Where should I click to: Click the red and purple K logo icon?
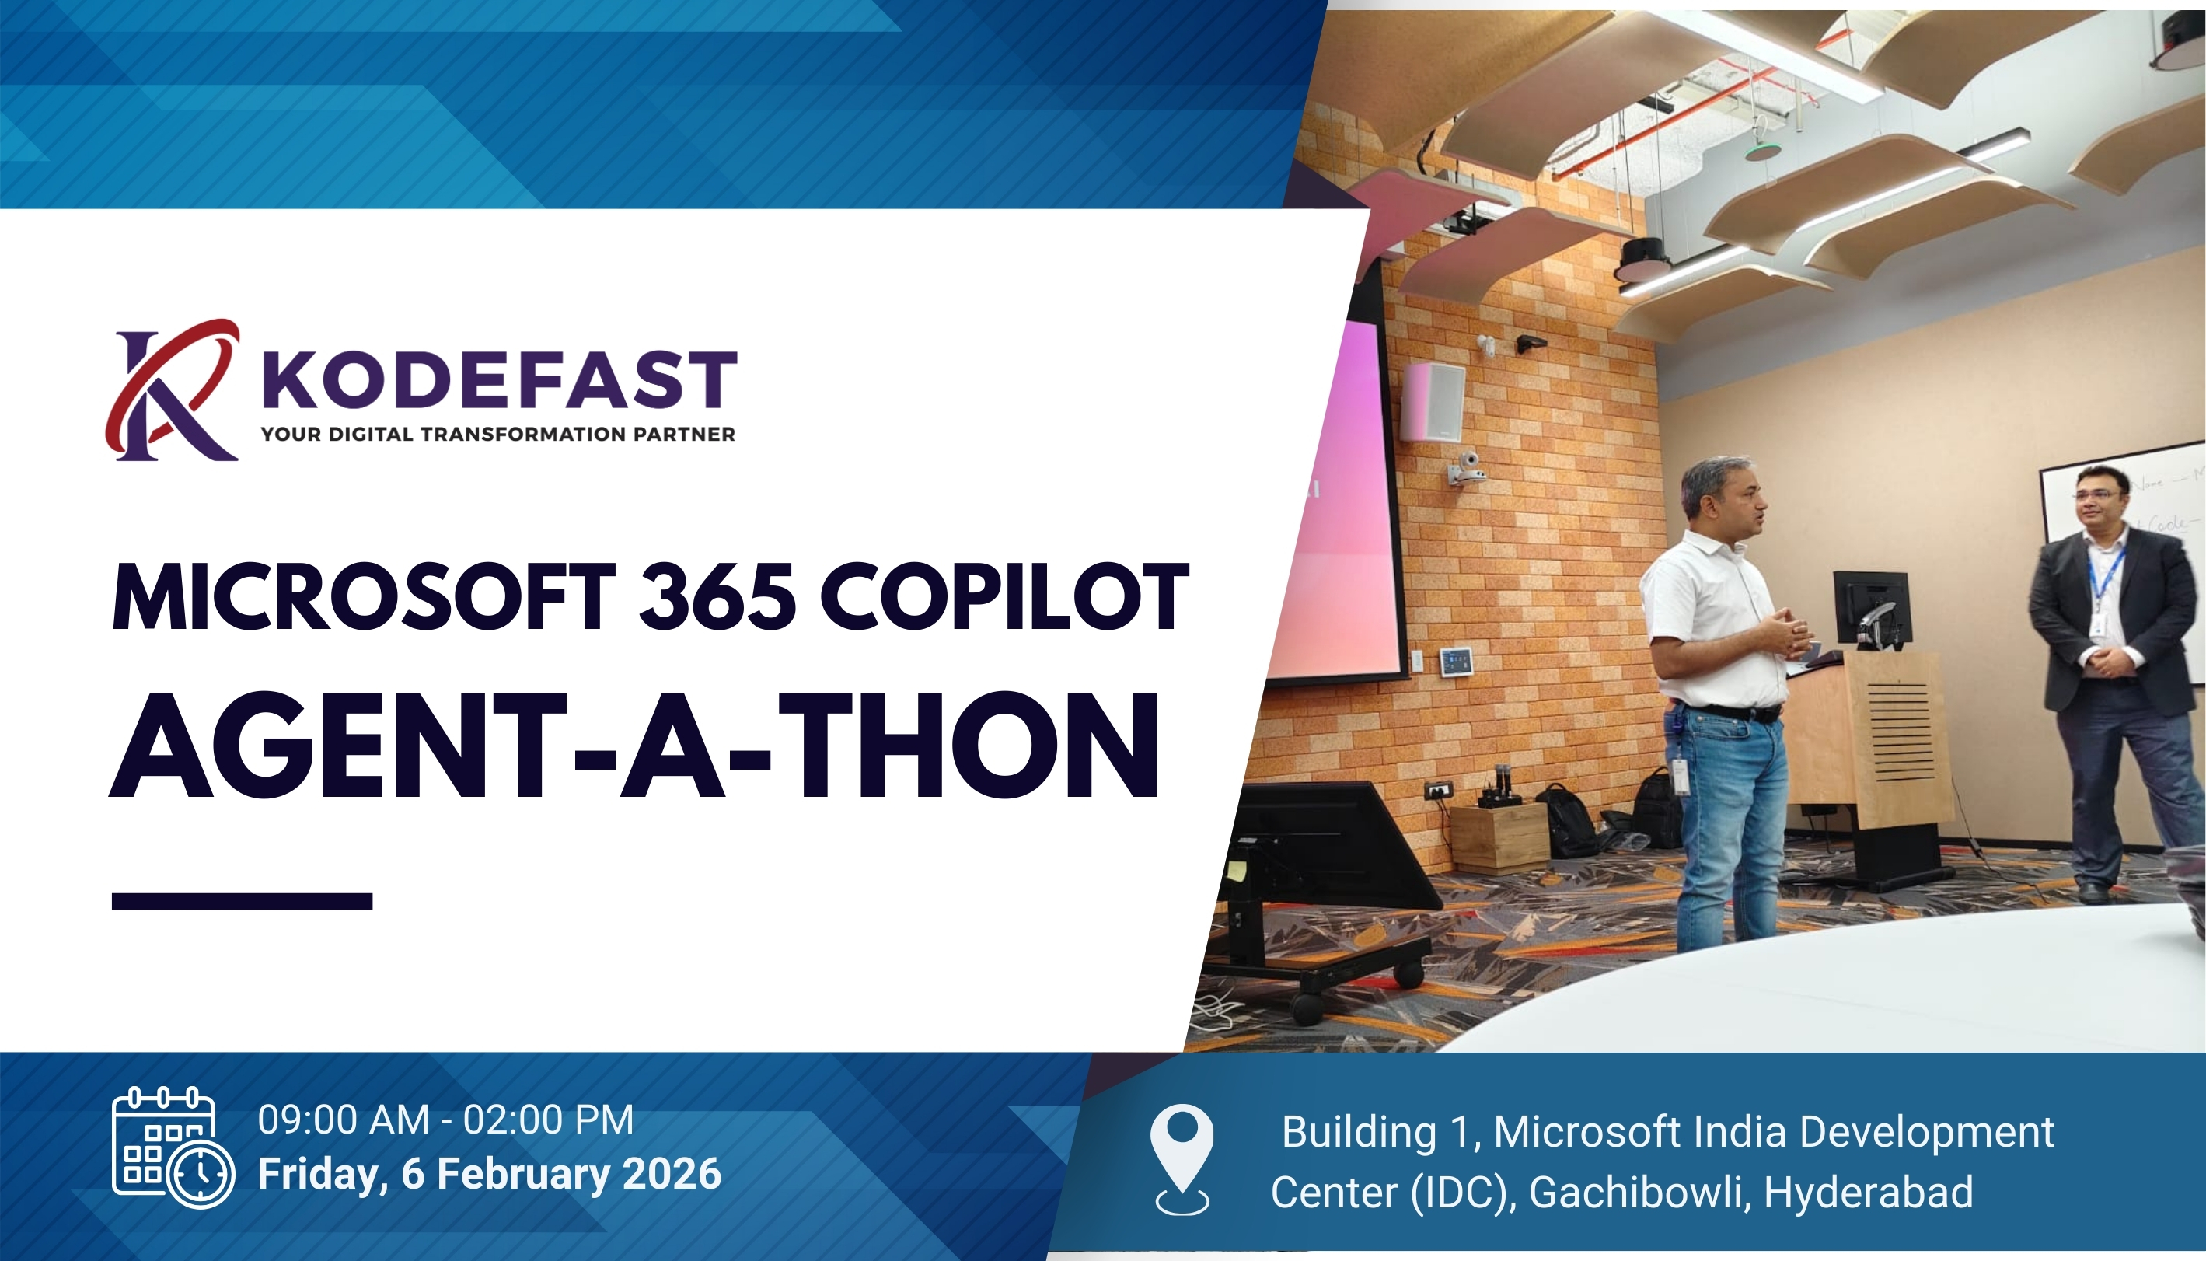tap(172, 389)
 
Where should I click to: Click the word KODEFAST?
tap(500, 379)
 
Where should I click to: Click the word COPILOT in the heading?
tap(1004, 597)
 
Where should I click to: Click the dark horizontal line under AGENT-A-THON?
tap(242, 902)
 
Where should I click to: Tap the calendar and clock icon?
tap(173, 1147)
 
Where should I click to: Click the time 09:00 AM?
tap(344, 1120)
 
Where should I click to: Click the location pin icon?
tap(1182, 1160)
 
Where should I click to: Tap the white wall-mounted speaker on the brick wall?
tap(1432, 402)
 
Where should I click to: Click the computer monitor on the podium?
tap(1871, 608)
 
